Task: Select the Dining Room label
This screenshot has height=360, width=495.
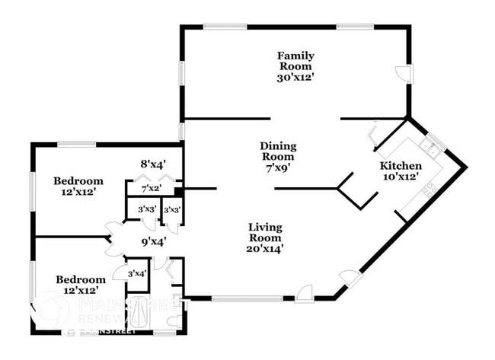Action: tap(278, 151)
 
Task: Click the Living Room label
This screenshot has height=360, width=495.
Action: tap(265, 232)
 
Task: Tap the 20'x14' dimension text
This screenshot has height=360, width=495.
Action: tap(265, 247)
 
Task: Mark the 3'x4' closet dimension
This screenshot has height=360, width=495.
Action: tap(136, 273)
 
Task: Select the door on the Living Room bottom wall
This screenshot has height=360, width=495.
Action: tap(305, 291)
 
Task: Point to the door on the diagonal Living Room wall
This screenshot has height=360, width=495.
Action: tap(350, 279)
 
